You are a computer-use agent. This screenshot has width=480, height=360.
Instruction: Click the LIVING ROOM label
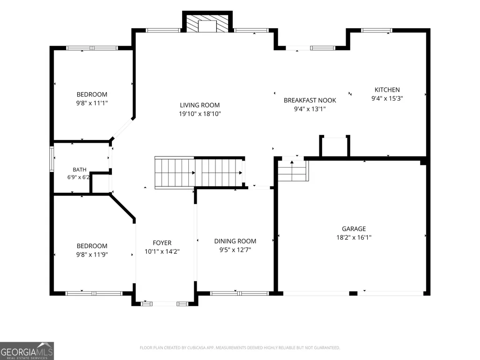click(x=199, y=105)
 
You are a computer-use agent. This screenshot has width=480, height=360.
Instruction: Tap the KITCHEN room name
click(x=387, y=90)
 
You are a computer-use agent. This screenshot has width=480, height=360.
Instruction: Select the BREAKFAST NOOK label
click(x=310, y=100)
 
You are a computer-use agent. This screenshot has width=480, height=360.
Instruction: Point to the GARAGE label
click(x=354, y=228)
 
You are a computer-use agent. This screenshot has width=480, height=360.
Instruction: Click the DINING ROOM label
click(x=235, y=241)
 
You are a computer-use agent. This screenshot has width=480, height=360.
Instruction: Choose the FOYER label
click(x=162, y=243)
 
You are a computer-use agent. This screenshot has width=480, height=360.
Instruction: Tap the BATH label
click(x=80, y=169)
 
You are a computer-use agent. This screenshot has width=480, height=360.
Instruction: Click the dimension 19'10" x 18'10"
click(x=200, y=114)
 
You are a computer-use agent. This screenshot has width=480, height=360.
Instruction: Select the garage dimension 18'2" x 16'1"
click(x=354, y=237)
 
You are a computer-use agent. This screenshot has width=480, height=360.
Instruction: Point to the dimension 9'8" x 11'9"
click(x=92, y=254)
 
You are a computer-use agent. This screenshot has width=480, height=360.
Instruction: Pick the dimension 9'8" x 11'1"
click(x=92, y=103)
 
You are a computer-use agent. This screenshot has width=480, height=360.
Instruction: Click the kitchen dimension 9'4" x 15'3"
click(x=387, y=98)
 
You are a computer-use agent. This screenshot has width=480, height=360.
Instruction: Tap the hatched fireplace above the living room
click(x=207, y=22)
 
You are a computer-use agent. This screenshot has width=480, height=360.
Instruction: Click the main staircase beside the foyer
click(x=199, y=173)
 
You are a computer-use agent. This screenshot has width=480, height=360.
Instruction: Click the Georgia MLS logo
click(x=27, y=351)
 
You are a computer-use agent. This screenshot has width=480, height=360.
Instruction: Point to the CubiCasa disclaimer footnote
click(x=240, y=348)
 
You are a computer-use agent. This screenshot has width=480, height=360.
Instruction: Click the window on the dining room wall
click(x=239, y=294)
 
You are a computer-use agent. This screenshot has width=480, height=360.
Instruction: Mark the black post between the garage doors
click(x=353, y=294)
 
